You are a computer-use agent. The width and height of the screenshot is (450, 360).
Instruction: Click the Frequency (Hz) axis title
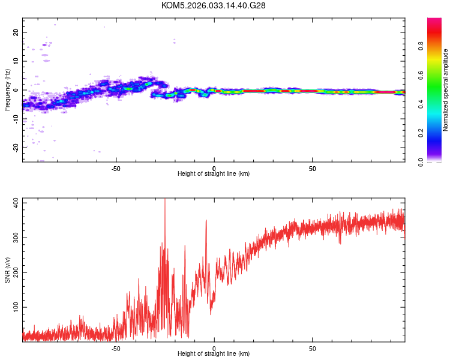tap(7, 90)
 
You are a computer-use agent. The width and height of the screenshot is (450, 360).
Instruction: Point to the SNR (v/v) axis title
tap(7, 270)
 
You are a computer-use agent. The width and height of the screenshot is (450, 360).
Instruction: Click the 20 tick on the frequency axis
tap(16, 32)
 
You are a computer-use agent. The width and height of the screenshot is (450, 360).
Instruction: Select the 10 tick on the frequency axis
tap(16, 61)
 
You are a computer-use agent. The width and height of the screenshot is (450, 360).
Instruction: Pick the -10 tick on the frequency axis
tap(16, 119)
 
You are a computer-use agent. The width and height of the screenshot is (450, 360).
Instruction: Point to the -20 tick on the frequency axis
tap(16, 148)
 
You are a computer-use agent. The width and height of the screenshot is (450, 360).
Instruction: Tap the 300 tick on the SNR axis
tap(16, 238)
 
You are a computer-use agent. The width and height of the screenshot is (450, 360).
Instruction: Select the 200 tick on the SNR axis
tap(16, 272)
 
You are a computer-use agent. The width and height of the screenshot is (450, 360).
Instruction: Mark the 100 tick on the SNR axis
tap(16, 307)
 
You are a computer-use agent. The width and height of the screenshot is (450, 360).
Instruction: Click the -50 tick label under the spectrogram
tap(116, 167)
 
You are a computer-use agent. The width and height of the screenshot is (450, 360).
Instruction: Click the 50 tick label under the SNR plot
tap(312, 347)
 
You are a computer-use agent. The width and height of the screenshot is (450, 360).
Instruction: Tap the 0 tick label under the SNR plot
tap(214, 347)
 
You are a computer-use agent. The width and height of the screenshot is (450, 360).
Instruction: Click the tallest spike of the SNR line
tap(165, 200)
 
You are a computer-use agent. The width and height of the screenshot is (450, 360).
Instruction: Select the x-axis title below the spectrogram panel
tap(214, 174)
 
